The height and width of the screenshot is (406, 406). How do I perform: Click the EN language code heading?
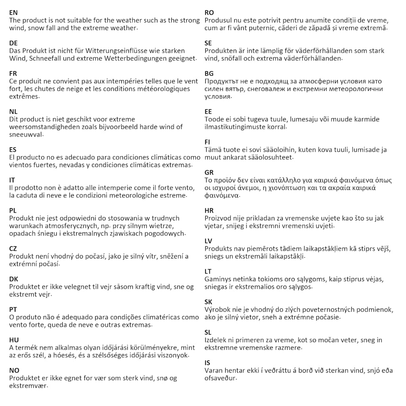point(13,13)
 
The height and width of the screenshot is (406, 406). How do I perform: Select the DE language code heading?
point(13,43)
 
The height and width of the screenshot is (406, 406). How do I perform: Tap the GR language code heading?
point(209,172)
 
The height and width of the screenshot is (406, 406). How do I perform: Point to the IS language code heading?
point(207,363)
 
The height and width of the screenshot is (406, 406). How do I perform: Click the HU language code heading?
point(14,340)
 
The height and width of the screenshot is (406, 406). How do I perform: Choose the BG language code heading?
point(209,73)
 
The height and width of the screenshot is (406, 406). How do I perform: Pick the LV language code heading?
point(209,241)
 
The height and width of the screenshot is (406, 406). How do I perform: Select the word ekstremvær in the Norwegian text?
point(27,386)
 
